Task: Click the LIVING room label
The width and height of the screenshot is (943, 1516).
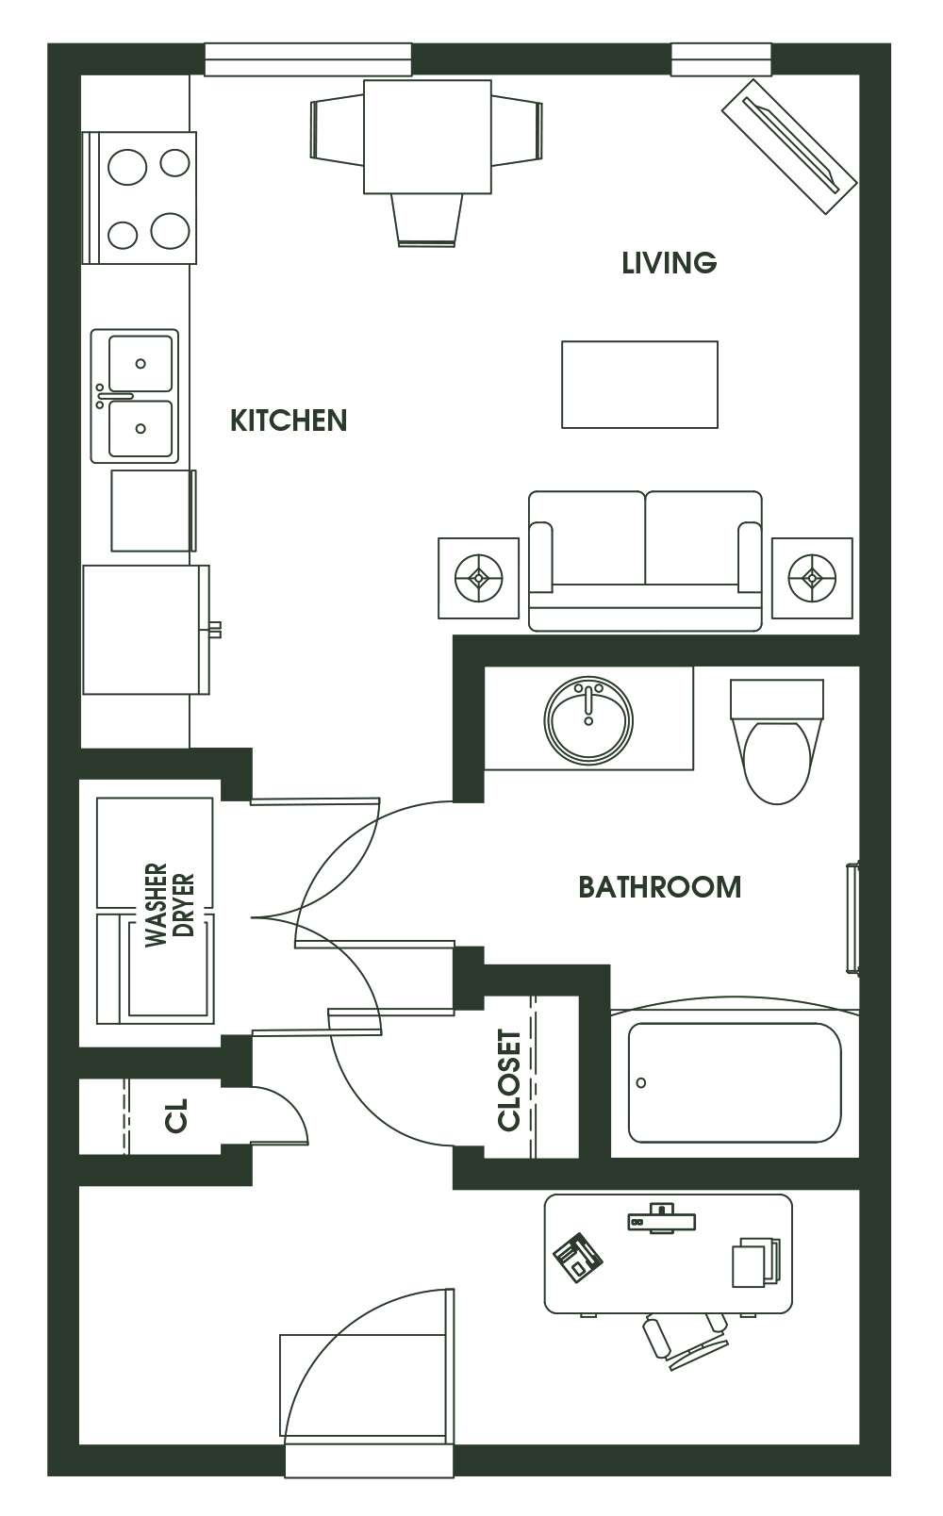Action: click(x=669, y=263)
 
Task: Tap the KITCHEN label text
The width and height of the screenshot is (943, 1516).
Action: click(x=289, y=420)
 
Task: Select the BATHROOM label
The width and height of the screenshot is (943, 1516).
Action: click(x=660, y=886)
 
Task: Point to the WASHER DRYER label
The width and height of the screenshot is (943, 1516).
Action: click(x=169, y=904)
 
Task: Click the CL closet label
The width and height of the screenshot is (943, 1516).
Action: click(x=176, y=1114)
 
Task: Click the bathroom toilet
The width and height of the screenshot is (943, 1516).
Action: click(x=777, y=742)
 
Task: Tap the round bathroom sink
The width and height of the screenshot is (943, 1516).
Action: click(x=588, y=718)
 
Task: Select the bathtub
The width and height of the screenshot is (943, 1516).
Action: click(x=735, y=1081)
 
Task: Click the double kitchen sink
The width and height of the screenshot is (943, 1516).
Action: click(x=136, y=396)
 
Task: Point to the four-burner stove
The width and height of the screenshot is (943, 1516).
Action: click(x=140, y=198)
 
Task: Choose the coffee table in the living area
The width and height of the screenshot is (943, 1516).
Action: click(x=639, y=385)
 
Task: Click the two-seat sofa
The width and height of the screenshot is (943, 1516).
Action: click(x=645, y=561)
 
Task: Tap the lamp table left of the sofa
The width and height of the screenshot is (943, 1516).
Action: click(x=479, y=578)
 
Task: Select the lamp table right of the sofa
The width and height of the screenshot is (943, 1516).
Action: click(x=812, y=578)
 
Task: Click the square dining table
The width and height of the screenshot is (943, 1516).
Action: click(x=427, y=137)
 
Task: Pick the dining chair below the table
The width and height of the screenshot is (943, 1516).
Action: click(x=427, y=220)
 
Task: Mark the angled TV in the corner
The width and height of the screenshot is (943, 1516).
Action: click(x=789, y=147)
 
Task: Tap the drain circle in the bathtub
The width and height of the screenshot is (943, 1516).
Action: click(x=641, y=1083)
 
